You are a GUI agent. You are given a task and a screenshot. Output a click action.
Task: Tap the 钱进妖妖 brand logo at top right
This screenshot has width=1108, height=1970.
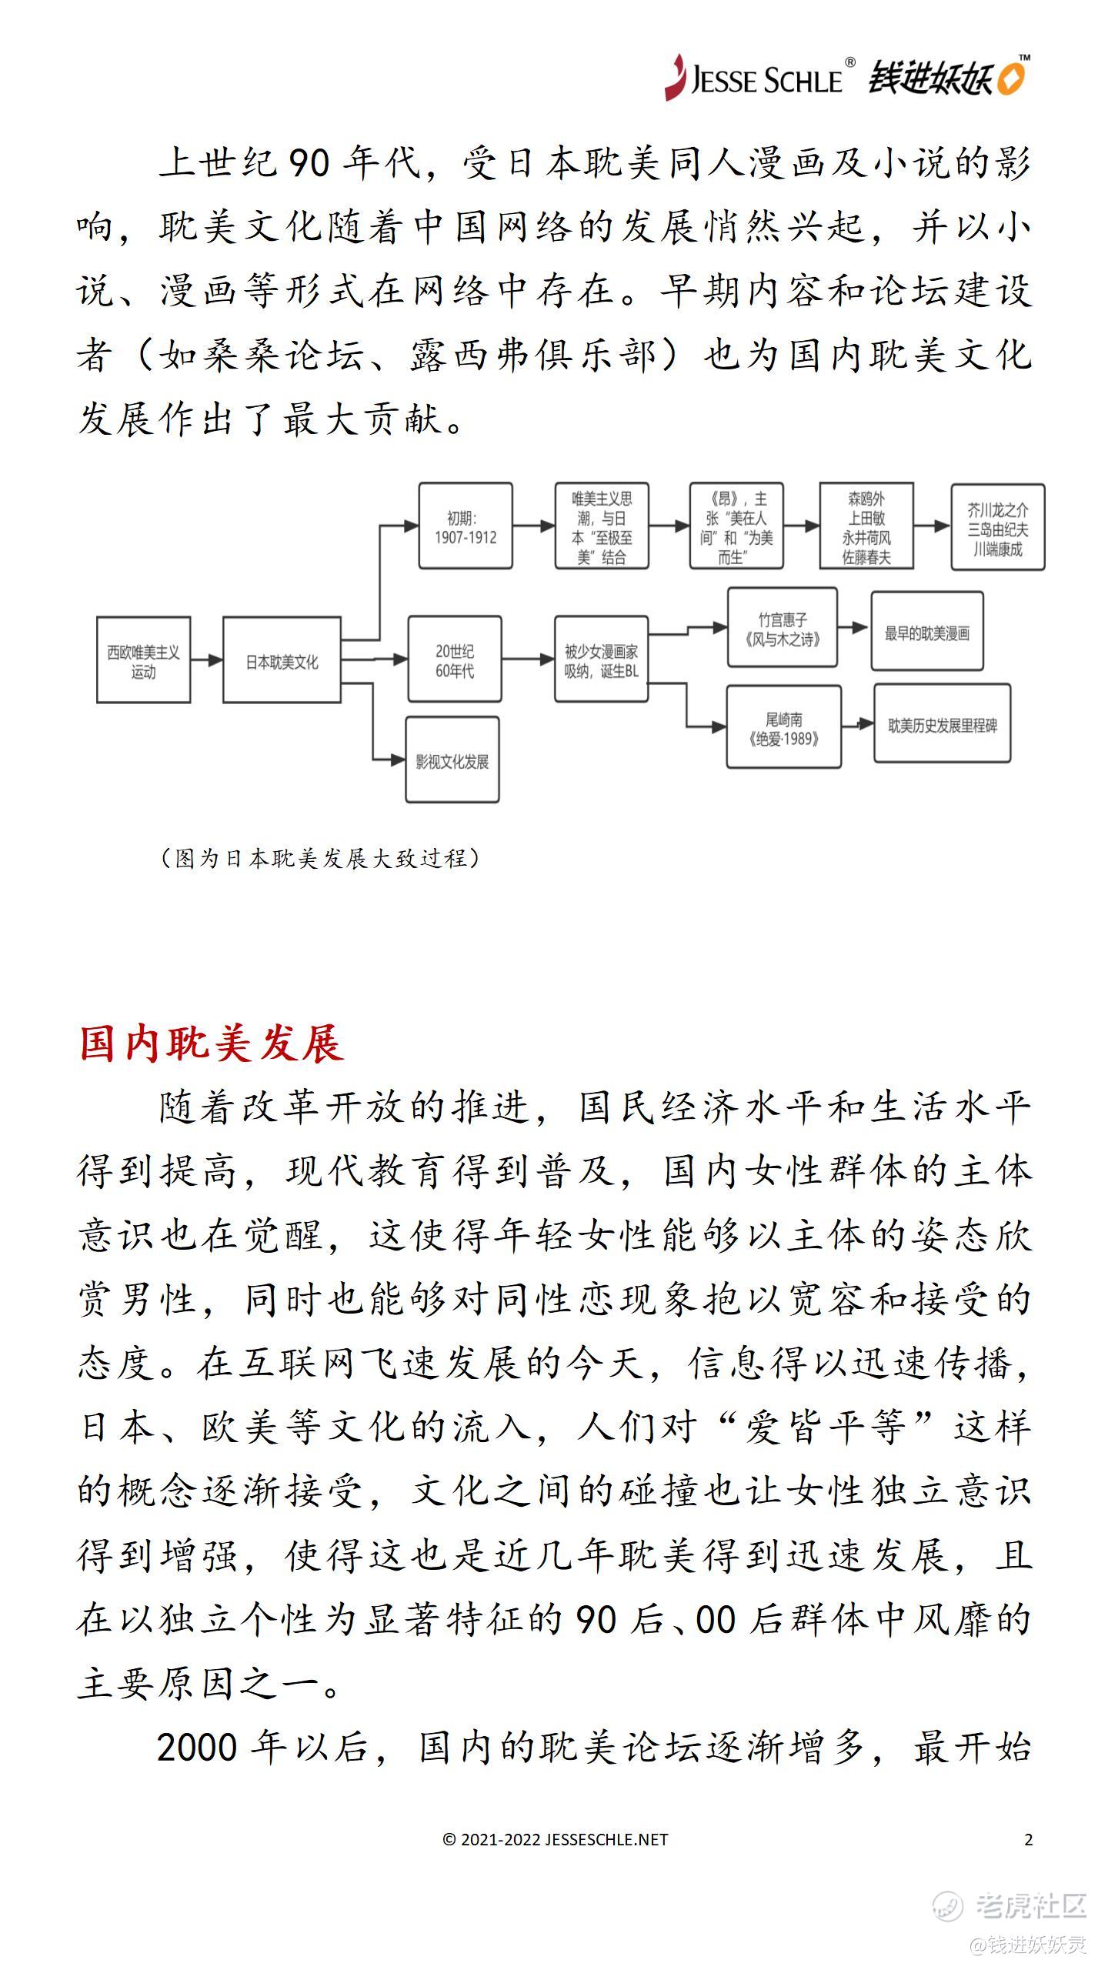948,78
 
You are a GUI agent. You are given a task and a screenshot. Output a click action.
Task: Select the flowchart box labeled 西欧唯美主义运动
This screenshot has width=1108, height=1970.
143,660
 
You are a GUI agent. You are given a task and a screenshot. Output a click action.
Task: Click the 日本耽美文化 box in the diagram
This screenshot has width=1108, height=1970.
282,660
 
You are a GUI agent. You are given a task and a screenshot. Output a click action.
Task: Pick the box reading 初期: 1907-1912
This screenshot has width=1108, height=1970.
466,526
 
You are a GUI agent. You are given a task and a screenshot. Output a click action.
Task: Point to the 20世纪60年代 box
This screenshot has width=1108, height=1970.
455,659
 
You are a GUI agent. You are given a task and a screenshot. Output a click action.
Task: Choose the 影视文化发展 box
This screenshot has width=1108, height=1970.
452,760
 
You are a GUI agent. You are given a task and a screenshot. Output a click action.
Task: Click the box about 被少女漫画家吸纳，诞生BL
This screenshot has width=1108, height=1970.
601,659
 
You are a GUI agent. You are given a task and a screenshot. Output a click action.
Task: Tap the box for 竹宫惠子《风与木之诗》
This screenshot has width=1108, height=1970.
783,629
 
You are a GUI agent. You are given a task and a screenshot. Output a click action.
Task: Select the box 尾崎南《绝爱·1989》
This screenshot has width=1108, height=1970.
783,728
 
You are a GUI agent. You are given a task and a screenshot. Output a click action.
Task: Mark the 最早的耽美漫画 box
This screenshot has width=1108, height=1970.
927,631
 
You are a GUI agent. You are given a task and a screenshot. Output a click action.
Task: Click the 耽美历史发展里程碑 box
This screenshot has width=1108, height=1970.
942,724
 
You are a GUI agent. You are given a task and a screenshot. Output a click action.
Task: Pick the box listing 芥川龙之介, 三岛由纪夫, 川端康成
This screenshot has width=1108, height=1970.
998,527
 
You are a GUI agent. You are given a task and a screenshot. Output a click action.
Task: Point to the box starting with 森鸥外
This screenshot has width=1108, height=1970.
866,526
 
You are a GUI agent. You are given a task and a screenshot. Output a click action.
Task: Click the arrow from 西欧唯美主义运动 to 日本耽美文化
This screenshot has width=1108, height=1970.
206,660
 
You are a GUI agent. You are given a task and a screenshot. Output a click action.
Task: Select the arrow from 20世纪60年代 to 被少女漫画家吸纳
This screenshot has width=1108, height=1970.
528,660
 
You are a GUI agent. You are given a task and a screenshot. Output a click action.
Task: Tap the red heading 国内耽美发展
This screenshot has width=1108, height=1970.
212,1044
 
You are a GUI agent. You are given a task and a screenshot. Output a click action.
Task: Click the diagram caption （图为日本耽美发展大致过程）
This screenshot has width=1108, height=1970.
319,858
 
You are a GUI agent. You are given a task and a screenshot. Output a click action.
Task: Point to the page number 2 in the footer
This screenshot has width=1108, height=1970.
1029,1839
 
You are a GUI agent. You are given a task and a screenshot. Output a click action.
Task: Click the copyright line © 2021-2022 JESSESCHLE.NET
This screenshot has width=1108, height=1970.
555,1839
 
